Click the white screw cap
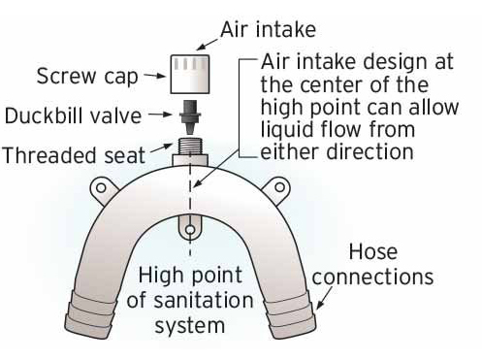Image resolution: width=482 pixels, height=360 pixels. pyautogui.click(x=190, y=74)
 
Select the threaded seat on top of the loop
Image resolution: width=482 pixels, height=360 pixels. pyautogui.click(x=190, y=152)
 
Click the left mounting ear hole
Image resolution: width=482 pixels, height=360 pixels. pyautogui.click(x=101, y=187)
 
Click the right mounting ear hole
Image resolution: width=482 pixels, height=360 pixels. pyautogui.click(x=280, y=187)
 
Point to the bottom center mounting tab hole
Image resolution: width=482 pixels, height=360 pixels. pyautogui.click(x=190, y=230)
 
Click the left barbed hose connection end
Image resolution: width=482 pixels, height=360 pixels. pyautogui.click(x=90, y=317)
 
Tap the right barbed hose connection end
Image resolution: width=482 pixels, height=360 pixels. pyautogui.click(x=290, y=316)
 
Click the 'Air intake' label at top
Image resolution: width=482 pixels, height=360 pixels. pyautogui.click(x=268, y=30)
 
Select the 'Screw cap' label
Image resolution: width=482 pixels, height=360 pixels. pyautogui.click(x=87, y=77)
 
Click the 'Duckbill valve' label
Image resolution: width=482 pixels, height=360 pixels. pyautogui.click(x=74, y=115)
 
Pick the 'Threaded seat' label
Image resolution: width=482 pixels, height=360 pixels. pyautogui.click(x=74, y=155)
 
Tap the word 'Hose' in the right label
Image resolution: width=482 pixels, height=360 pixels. pyautogui.click(x=373, y=251)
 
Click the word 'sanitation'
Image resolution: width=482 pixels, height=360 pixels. pyautogui.click(x=190, y=301)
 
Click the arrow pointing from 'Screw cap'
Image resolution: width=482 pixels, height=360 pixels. pyautogui.click(x=155, y=76)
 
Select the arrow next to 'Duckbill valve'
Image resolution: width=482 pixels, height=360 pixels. pyautogui.click(x=160, y=115)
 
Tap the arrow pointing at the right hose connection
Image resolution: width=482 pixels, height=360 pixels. pyautogui.click(x=324, y=298)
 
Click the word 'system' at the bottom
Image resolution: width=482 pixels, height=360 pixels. pyautogui.click(x=190, y=325)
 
